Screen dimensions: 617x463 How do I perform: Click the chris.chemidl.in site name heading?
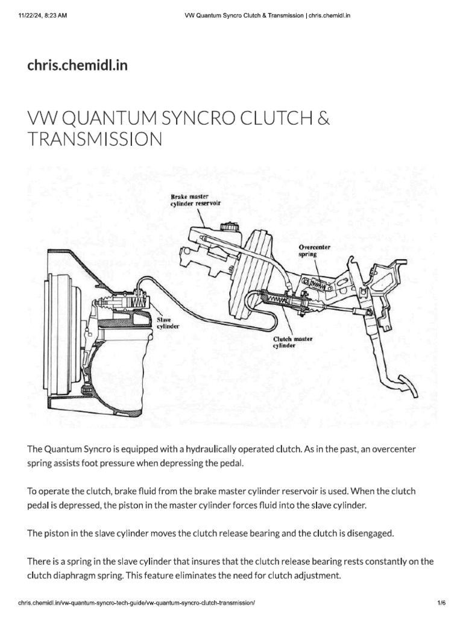77,64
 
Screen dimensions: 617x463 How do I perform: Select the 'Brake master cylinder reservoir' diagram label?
194,200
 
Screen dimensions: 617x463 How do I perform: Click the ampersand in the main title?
324,118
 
